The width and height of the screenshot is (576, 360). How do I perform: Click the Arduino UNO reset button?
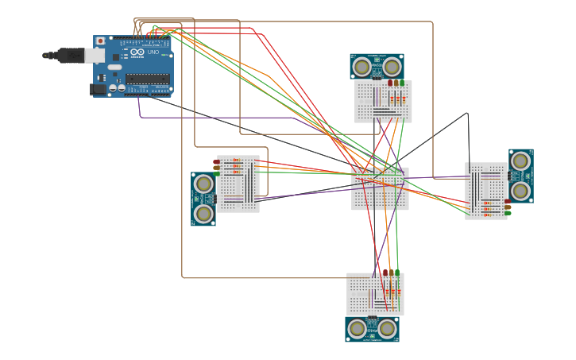tap(100, 41)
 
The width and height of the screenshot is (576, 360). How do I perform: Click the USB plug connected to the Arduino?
tap(75, 55)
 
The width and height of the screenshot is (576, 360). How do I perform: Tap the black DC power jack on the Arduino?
tap(99, 90)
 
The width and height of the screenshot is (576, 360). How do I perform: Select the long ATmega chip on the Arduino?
tap(147, 79)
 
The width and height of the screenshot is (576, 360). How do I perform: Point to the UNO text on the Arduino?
tap(153, 52)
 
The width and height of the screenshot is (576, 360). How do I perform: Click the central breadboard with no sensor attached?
tap(380, 189)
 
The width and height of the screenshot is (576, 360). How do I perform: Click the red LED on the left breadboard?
tap(216, 162)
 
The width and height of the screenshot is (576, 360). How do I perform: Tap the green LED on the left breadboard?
tap(216, 173)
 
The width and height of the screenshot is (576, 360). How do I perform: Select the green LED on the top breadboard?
tap(402, 83)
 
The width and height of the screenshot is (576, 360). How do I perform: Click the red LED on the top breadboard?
tap(390, 83)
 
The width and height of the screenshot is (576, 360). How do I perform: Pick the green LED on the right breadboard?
tap(508, 213)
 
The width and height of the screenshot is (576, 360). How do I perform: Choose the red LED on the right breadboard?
tap(508, 202)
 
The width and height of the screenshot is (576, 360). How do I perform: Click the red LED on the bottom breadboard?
tap(385, 273)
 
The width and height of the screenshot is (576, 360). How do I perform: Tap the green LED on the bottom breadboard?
tap(397, 273)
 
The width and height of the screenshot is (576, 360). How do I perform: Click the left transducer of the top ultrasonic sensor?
tap(362, 67)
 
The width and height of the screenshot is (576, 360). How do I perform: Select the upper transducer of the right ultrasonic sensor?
tap(520, 161)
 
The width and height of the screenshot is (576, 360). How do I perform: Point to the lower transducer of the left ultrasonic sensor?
tap(204, 213)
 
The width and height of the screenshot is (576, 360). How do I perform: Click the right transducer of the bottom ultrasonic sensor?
tap(387, 328)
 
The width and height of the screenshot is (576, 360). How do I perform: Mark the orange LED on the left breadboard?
tap(216, 168)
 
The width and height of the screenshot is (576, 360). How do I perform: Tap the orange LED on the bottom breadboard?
tap(391, 273)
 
